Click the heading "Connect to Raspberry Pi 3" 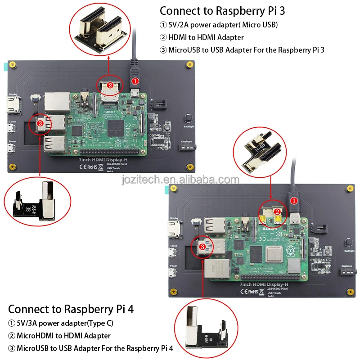pos(222,10)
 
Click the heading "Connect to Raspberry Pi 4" pos(71,309)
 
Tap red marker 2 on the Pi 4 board pos(278,211)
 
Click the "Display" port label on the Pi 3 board pos(13,94)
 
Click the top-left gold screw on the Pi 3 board pos(14,64)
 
